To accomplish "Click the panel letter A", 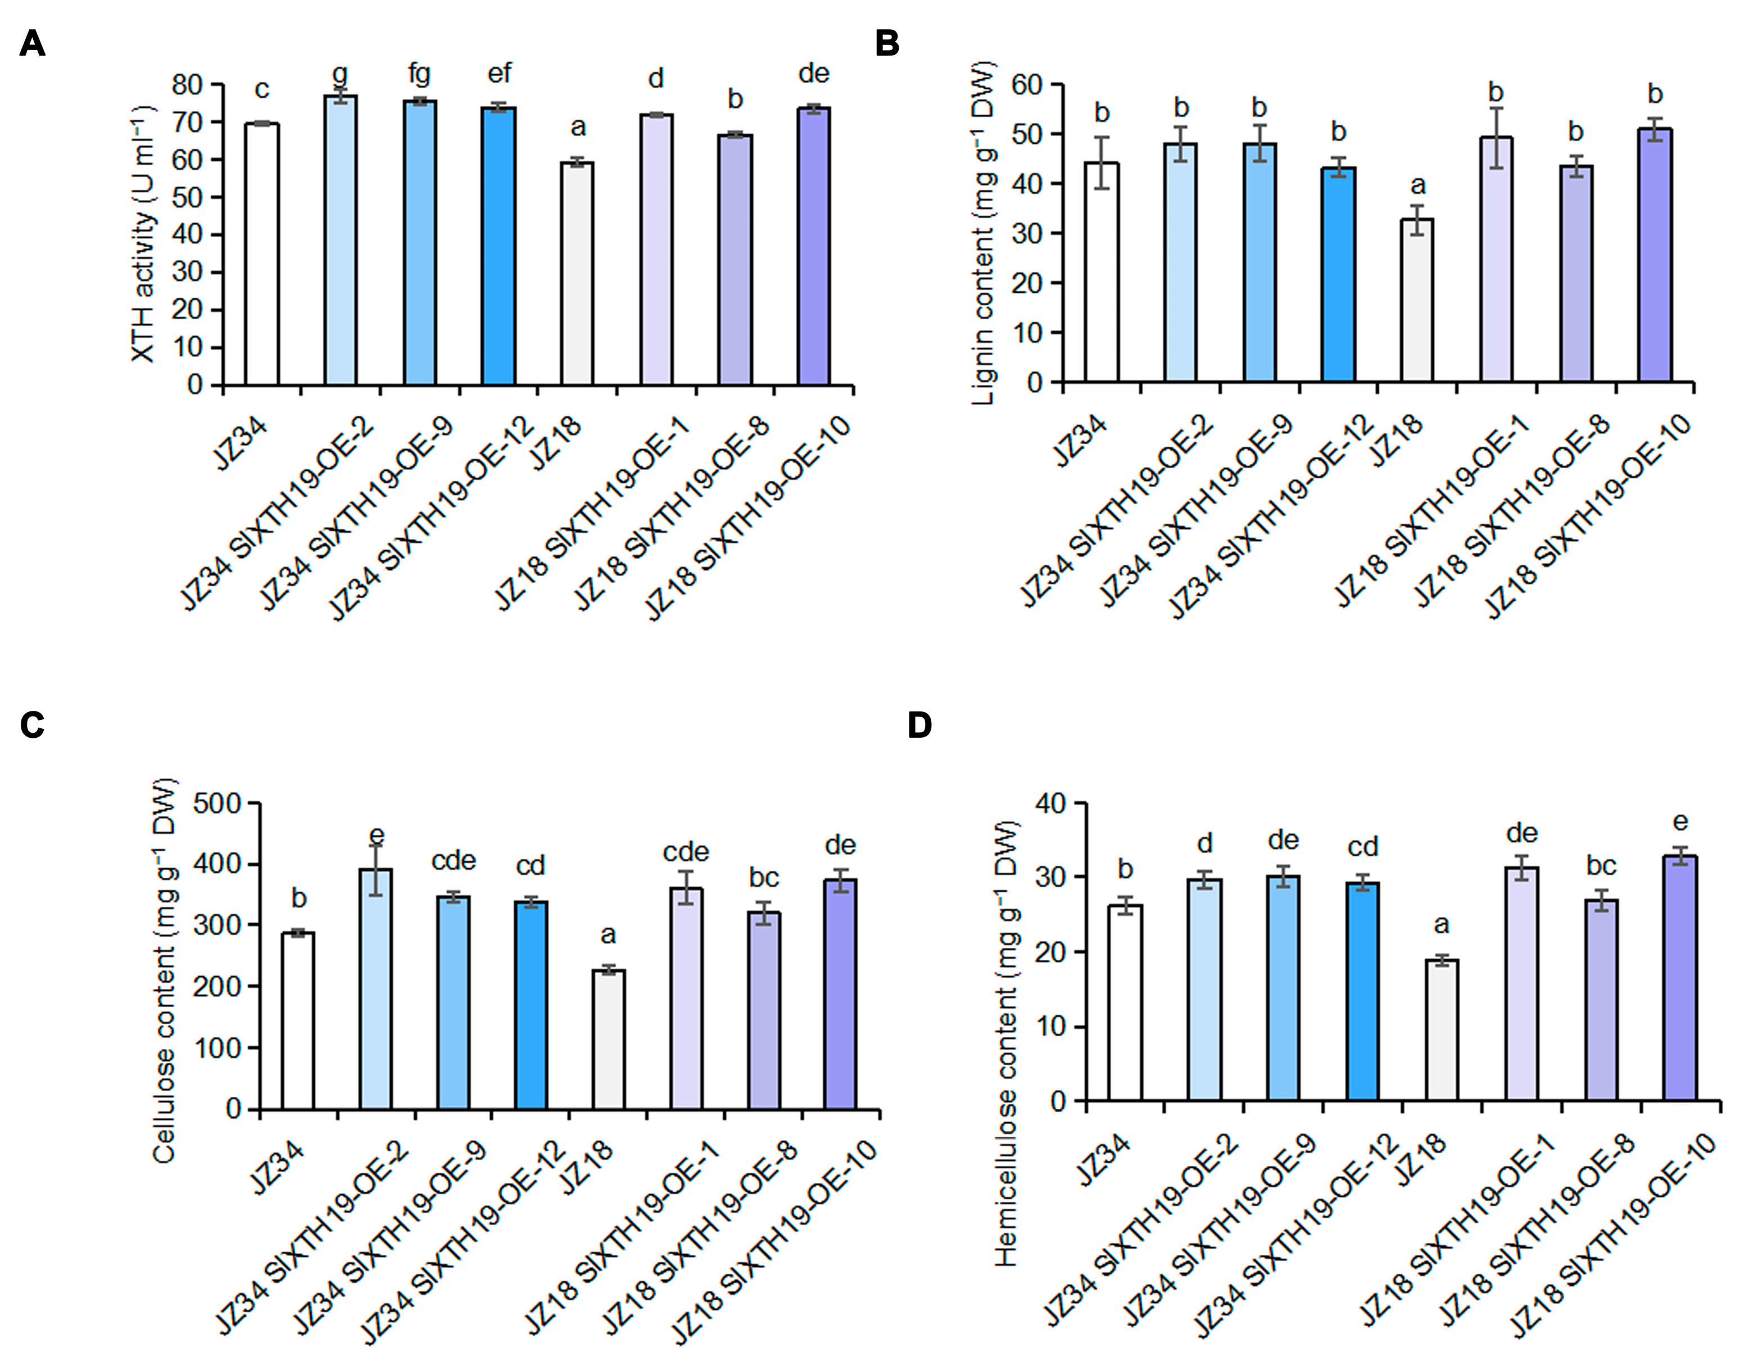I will tap(32, 43).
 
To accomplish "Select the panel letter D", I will tap(920, 725).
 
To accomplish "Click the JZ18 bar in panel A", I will tap(577, 274).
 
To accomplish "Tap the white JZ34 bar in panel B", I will tap(1101, 271).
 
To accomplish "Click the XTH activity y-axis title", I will tap(144, 234).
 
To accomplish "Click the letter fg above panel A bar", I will tap(419, 74).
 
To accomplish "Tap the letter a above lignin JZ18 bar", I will tap(1418, 185).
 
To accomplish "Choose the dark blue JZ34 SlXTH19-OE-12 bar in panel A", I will tap(499, 246).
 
